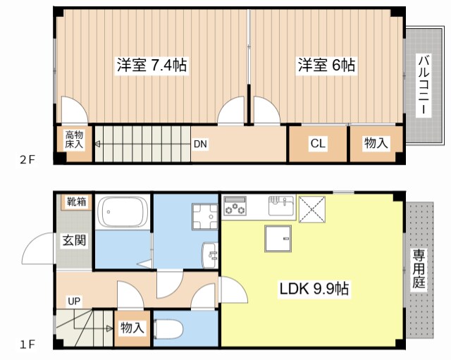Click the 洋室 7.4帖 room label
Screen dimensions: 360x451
tap(152, 66)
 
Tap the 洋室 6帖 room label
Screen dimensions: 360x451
tap(326, 66)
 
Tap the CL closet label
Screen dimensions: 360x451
tap(318, 144)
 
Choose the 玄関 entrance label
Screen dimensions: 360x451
tap(73, 240)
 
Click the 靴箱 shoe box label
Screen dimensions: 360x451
tap(76, 202)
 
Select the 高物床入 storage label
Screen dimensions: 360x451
tap(74, 139)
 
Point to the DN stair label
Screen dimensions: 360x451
tap(200, 144)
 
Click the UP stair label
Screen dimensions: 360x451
tap(74, 302)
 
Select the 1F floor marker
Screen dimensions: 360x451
tap(27, 345)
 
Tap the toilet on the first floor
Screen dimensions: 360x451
tap(169, 329)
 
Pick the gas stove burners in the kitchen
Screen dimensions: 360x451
tap(235, 207)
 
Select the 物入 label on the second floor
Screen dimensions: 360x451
tap(376, 144)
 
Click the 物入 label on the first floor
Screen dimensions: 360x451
tap(132, 328)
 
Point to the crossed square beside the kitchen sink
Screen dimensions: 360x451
tap(311, 208)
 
